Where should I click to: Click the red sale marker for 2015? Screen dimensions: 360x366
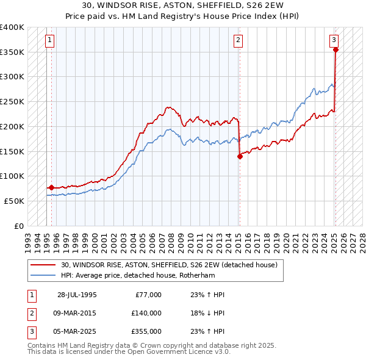coord(240,156)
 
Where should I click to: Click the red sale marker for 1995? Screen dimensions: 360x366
coord(51,187)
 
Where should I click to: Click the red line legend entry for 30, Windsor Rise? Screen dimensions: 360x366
coord(169,265)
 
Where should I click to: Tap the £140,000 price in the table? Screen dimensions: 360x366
coord(146,313)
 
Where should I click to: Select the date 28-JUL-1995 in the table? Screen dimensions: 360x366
coord(77,295)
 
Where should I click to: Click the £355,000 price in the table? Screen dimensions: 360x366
coord(146,331)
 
